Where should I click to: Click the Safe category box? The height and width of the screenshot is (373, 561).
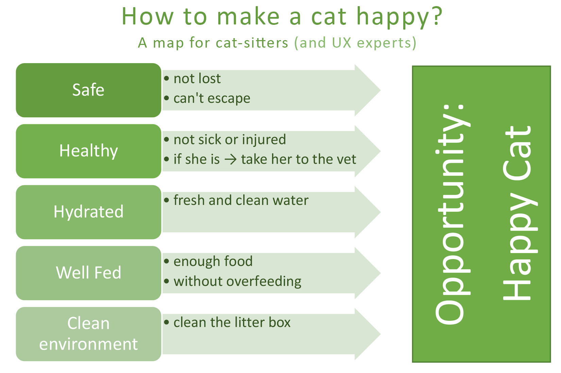click(88, 90)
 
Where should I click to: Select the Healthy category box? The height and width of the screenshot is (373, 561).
click(88, 151)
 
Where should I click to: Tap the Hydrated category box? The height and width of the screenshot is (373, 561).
click(88, 212)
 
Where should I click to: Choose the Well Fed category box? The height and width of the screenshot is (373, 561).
click(88, 273)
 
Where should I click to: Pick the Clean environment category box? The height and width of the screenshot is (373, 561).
click(88, 334)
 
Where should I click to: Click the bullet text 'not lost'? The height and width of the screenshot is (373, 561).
click(197, 79)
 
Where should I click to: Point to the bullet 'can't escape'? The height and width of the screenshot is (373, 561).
click(212, 98)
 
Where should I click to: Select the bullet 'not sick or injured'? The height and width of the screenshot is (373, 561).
click(230, 139)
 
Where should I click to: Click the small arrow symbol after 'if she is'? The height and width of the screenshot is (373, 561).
click(231, 159)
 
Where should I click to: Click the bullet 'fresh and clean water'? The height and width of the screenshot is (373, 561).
click(241, 200)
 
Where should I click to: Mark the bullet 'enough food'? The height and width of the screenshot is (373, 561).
click(213, 261)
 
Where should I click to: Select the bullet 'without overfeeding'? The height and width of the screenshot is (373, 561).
click(237, 281)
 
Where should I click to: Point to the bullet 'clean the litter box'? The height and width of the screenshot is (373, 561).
click(232, 322)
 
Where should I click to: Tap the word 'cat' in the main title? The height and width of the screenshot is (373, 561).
click(329, 17)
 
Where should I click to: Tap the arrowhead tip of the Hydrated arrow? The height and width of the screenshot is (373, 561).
click(380, 212)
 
